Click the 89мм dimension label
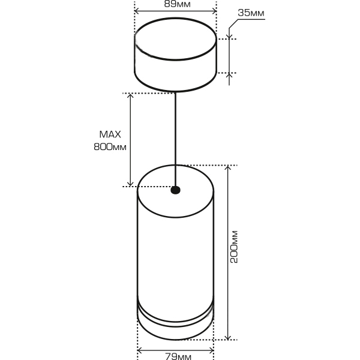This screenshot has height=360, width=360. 175,4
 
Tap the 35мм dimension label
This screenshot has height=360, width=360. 251,13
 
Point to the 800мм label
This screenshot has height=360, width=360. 110,146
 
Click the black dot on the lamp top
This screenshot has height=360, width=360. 175,190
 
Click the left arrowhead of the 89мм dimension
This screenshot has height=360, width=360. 137,11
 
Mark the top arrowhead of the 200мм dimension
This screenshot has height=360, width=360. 228,169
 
